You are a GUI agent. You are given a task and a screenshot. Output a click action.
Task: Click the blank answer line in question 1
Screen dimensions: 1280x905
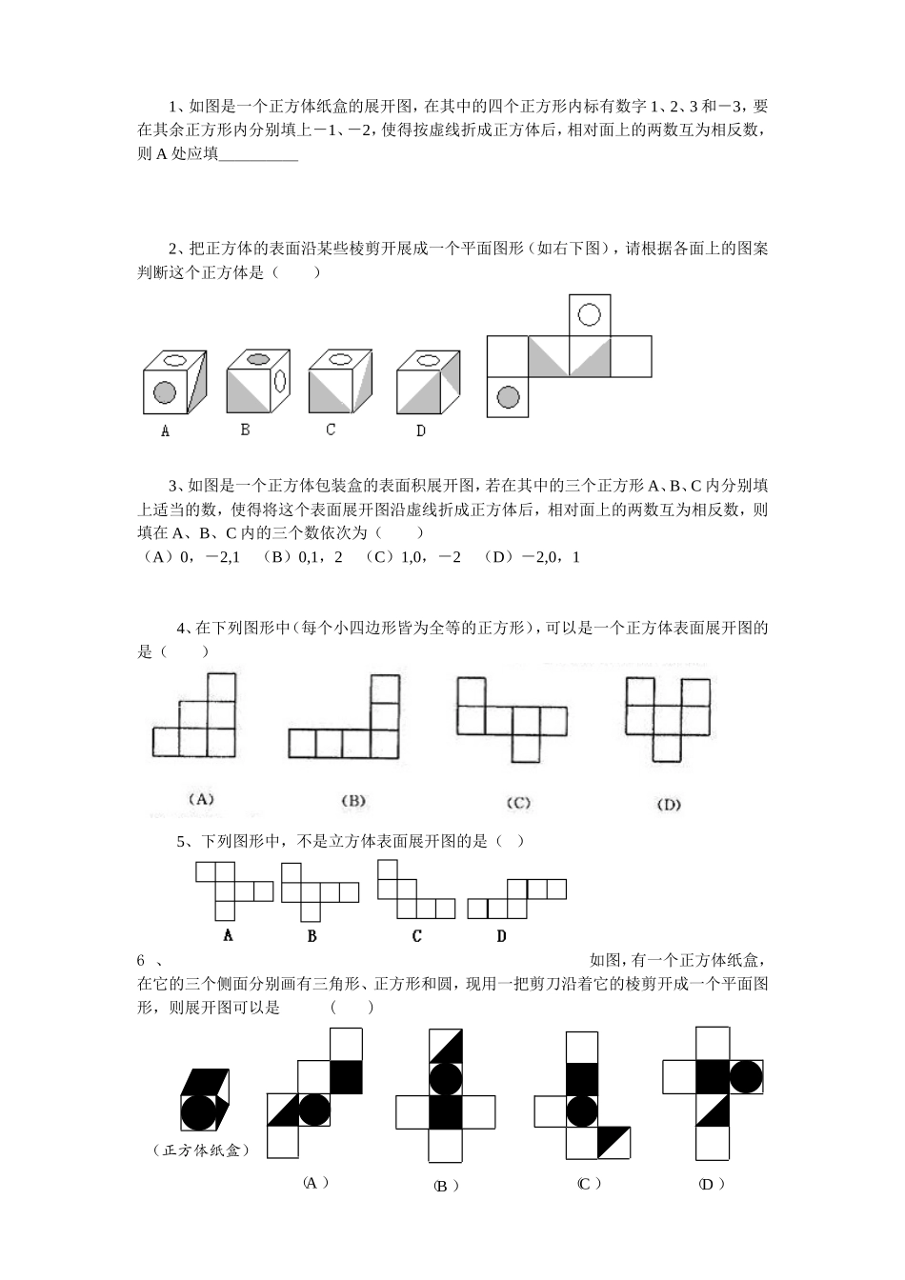pyautogui.click(x=258, y=155)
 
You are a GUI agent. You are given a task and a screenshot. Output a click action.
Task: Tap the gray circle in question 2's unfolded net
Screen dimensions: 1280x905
pyautogui.click(x=508, y=396)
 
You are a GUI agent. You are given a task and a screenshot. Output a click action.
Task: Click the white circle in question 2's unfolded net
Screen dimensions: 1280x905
pyautogui.click(x=590, y=314)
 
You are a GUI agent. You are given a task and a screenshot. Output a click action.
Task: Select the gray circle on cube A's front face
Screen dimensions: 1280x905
pyautogui.click(x=164, y=392)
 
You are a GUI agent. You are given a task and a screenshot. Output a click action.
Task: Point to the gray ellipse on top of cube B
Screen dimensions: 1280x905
pyautogui.click(x=258, y=359)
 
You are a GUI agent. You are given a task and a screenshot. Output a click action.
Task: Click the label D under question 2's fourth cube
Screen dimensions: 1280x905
pyautogui.click(x=421, y=430)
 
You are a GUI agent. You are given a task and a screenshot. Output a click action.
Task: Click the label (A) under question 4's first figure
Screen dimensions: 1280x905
pyautogui.click(x=201, y=799)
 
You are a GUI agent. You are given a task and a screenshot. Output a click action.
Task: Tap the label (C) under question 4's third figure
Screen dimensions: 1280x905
pyautogui.click(x=517, y=802)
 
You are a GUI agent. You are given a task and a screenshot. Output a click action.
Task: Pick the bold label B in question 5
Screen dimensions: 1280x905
pyautogui.click(x=312, y=936)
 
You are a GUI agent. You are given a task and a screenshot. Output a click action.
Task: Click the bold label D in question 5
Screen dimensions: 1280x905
pyautogui.click(x=501, y=936)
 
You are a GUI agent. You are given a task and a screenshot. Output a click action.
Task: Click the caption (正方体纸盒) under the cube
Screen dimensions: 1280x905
pyautogui.click(x=201, y=1150)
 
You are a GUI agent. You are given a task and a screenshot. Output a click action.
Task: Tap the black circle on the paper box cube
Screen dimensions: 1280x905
pyautogui.click(x=199, y=1111)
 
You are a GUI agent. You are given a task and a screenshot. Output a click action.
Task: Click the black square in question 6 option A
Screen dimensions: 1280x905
pyautogui.click(x=347, y=1076)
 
